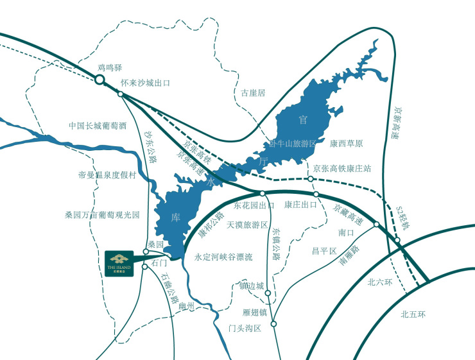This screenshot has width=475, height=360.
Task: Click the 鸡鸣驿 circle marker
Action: coord(99,80)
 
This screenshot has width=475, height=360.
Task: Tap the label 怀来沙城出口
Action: coord(145,83)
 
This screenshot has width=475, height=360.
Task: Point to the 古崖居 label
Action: coord(253,93)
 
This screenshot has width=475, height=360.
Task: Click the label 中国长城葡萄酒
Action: coord(98,126)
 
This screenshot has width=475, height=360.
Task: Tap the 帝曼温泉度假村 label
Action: coord(108,175)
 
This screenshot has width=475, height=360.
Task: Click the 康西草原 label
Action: coord(347,143)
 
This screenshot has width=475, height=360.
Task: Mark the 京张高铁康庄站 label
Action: coord(343,169)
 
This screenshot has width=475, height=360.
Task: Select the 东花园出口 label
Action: coord(254,206)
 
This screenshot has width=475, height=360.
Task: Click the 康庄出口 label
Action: coord(301,205)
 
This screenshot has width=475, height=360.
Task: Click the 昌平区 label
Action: coord(324,250)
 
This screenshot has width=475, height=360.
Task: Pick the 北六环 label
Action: coord(379,282)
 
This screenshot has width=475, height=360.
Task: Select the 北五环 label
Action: coord(413,314)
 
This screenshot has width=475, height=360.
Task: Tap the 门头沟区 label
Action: coord(245,329)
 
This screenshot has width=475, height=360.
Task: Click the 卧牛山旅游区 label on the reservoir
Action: coord(292,144)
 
